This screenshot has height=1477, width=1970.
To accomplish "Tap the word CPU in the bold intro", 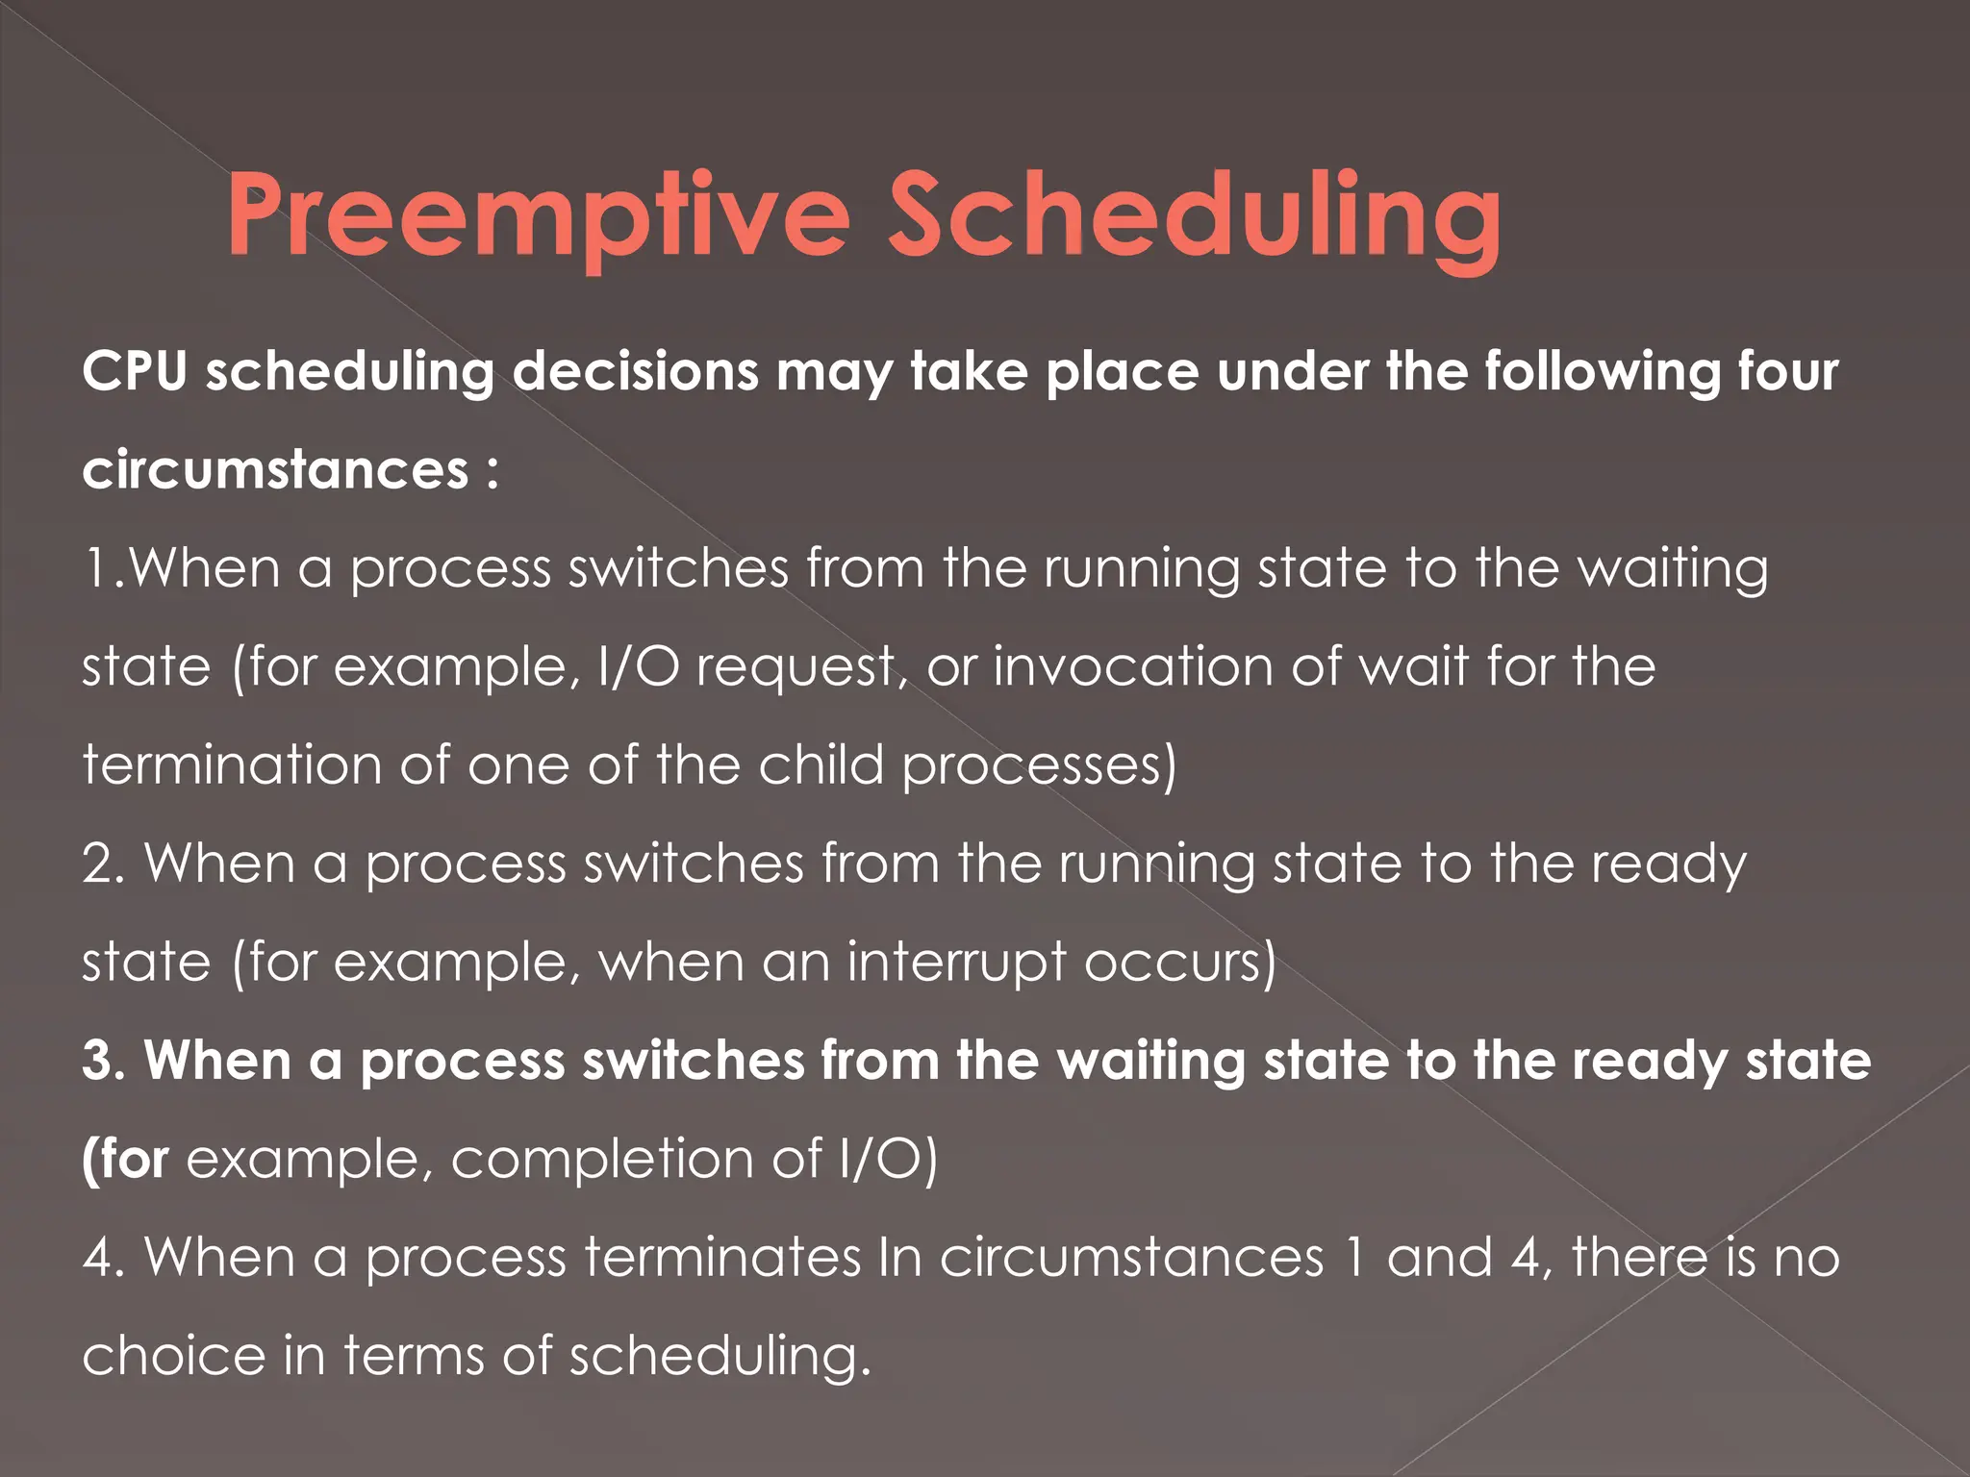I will tap(134, 371).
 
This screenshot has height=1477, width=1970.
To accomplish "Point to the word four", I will tap(1788, 371).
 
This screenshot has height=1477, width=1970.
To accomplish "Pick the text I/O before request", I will tap(638, 666).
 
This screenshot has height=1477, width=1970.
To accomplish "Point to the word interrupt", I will tap(957, 962).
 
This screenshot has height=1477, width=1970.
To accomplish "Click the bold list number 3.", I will tap(103, 1061).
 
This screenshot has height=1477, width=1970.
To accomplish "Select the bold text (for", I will tap(126, 1159).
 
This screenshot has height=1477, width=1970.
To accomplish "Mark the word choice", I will tap(173, 1356).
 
